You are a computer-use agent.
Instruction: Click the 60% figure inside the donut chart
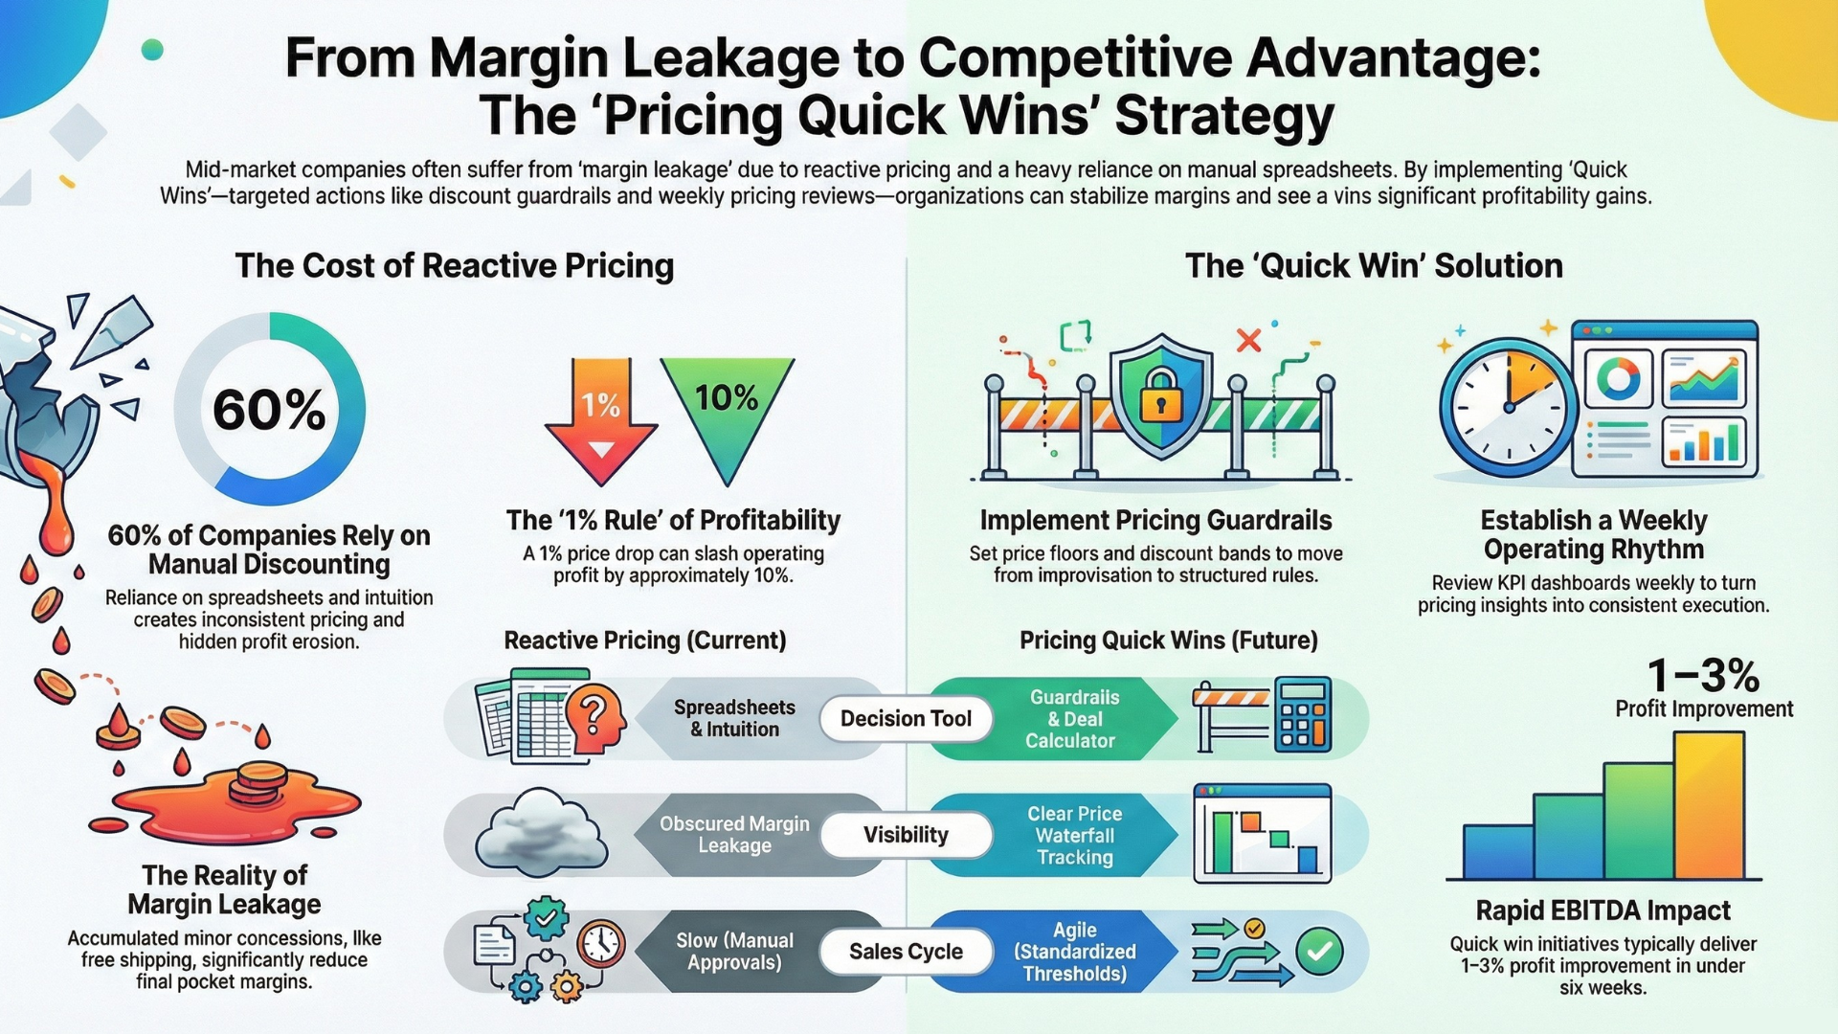(x=269, y=410)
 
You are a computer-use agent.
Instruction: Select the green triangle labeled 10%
(x=728, y=407)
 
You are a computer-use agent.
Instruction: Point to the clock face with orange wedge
(x=1508, y=406)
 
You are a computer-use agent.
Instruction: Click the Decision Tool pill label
(x=906, y=719)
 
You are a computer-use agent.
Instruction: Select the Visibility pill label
(x=906, y=835)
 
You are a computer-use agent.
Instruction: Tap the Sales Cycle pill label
(x=906, y=952)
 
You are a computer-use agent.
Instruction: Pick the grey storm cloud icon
(x=542, y=829)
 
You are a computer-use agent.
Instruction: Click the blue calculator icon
(x=1303, y=715)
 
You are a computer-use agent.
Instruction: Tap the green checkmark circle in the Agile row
(x=1319, y=952)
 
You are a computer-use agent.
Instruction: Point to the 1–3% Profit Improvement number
(x=1703, y=676)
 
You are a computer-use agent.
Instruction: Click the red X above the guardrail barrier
(x=1248, y=340)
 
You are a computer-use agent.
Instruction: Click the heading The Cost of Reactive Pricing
(x=455, y=265)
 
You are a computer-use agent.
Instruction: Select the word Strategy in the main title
(x=1224, y=116)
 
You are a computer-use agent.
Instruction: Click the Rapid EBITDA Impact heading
(x=1603, y=910)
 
